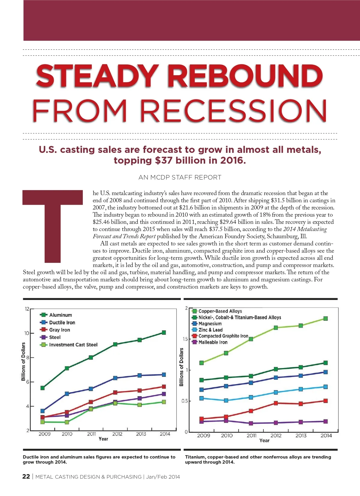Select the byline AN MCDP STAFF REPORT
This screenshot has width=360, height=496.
point(180,177)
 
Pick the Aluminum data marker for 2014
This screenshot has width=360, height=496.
point(164,332)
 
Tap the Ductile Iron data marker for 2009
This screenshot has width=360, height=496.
point(43,411)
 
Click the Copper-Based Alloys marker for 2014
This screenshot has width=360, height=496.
point(325,319)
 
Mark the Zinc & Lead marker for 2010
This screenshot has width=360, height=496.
point(226,400)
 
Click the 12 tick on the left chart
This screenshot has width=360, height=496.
point(27,309)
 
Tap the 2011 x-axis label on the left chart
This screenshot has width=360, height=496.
point(91,434)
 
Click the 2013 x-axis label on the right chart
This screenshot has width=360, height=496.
point(301,436)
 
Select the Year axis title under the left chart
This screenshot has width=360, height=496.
point(103,439)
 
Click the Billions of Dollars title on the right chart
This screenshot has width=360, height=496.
point(181,367)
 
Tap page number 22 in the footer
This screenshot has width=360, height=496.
point(26,477)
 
